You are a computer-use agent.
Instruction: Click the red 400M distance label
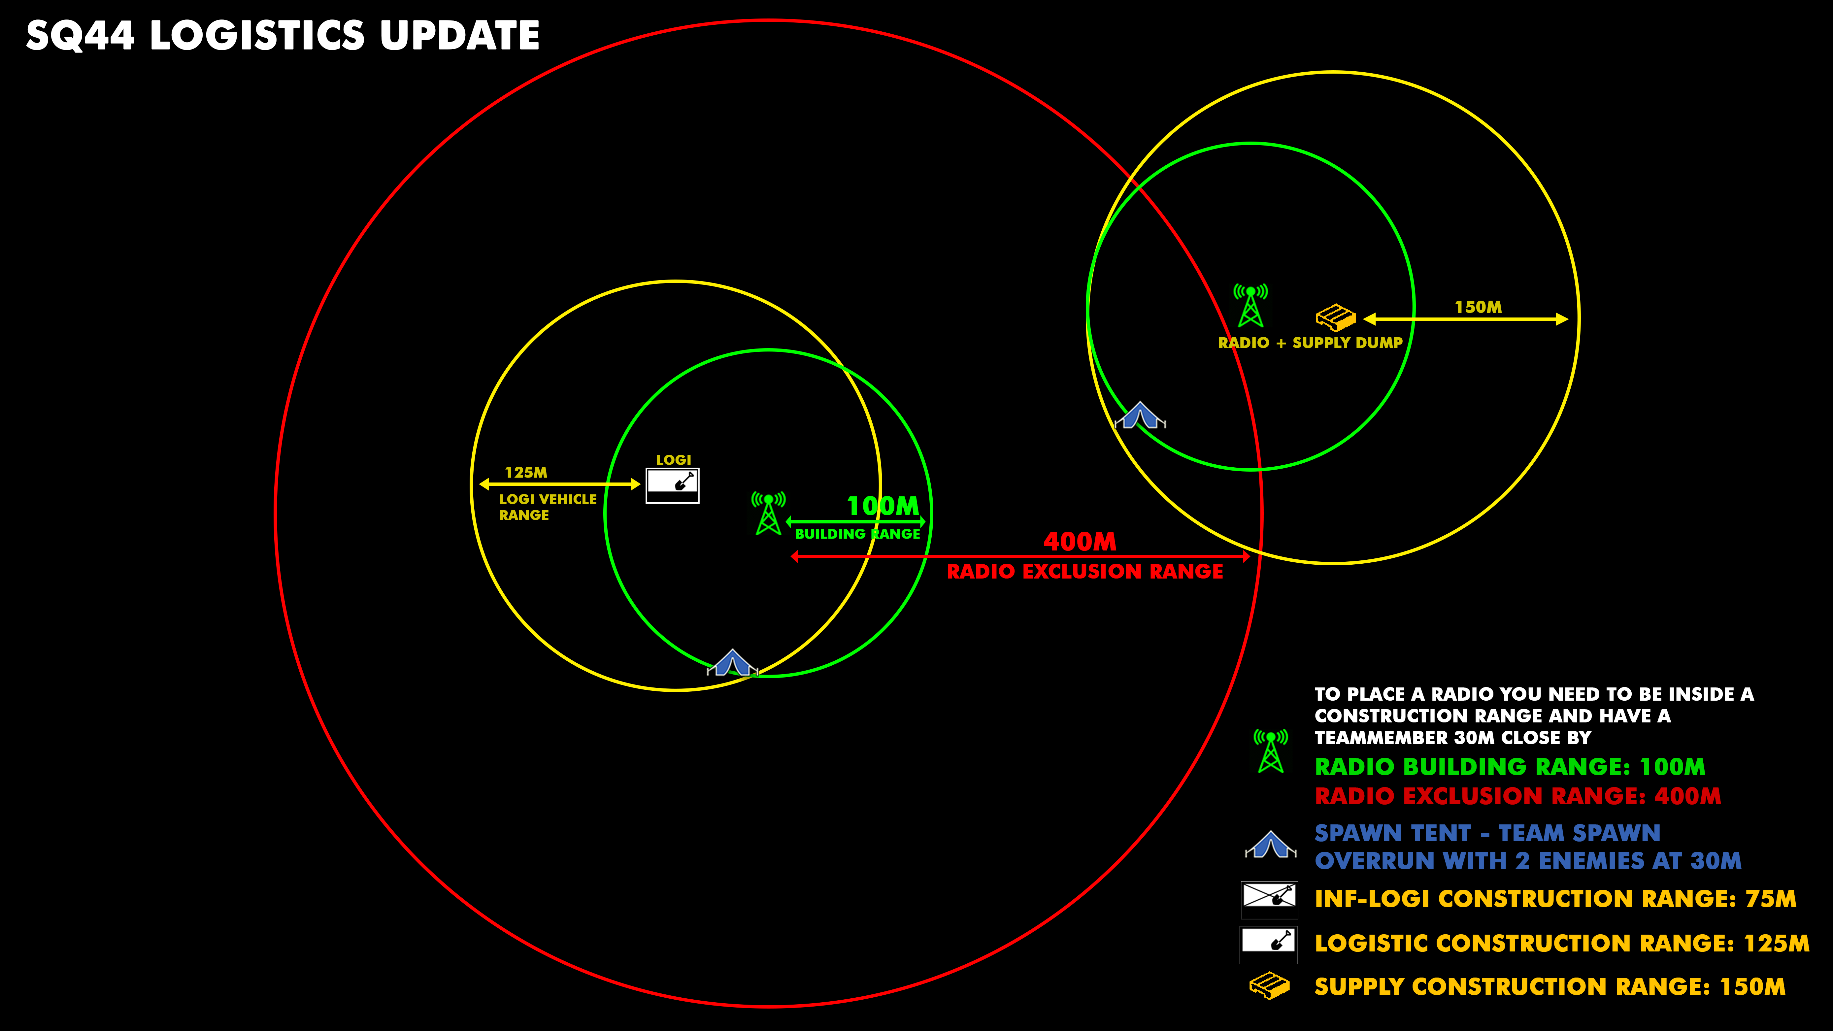coord(1080,542)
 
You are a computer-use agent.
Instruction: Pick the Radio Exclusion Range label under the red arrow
coord(1084,571)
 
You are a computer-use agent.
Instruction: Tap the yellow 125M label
coord(526,473)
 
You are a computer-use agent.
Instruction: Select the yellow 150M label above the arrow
coord(1478,307)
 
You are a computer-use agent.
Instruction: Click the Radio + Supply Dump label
coord(1310,343)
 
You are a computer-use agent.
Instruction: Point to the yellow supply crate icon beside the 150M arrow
coord(1335,317)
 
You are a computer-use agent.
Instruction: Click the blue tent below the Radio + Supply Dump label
coord(1140,416)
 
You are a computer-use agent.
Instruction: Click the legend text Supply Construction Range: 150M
coord(1550,987)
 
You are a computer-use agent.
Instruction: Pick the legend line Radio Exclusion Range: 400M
coord(1517,796)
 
